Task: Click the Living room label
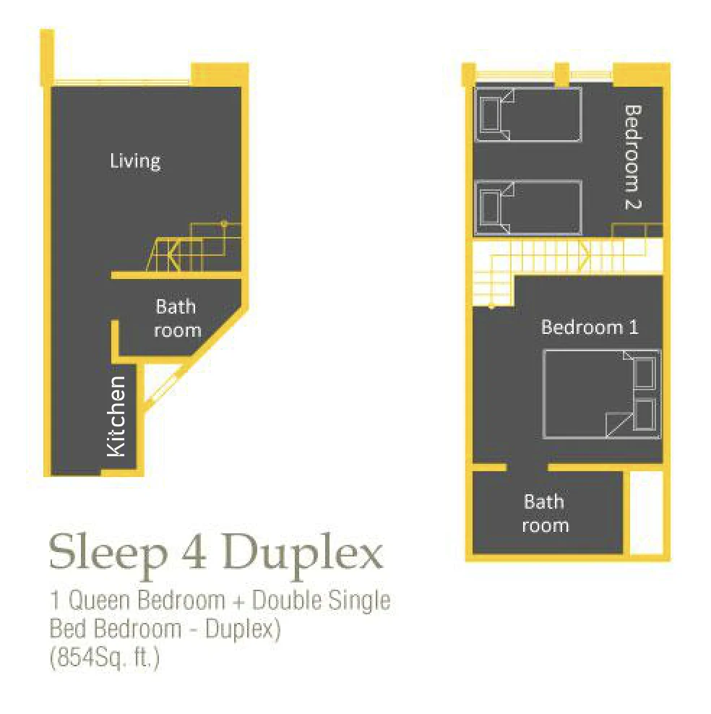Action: pyautogui.click(x=135, y=162)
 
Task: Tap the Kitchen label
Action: pyautogui.click(x=116, y=416)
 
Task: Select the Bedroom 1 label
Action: pyautogui.click(x=590, y=327)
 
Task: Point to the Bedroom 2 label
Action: pyautogui.click(x=633, y=157)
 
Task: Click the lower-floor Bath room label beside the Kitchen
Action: pyautogui.click(x=177, y=318)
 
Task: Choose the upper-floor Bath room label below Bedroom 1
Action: pyautogui.click(x=545, y=513)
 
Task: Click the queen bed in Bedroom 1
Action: pyautogui.click(x=601, y=394)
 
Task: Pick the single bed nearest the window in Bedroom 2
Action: pyautogui.click(x=528, y=114)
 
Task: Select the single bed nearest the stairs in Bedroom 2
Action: pyautogui.click(x=528, y=207)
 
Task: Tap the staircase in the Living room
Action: pyautogui.click(x=194, y=247)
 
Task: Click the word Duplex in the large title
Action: pyautogui.click(x=303, y=554)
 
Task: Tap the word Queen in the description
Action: pyautogui.click(x=99, y=600)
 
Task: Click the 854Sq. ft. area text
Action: pyautogui.click(x=105, y=658)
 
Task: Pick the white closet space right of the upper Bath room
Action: pyautogui.click(x=646, y=512)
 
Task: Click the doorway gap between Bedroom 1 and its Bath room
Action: pyautogui.click(x=527, y=467)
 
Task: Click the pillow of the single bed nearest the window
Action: pyautogui.click(x=489, y=115)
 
